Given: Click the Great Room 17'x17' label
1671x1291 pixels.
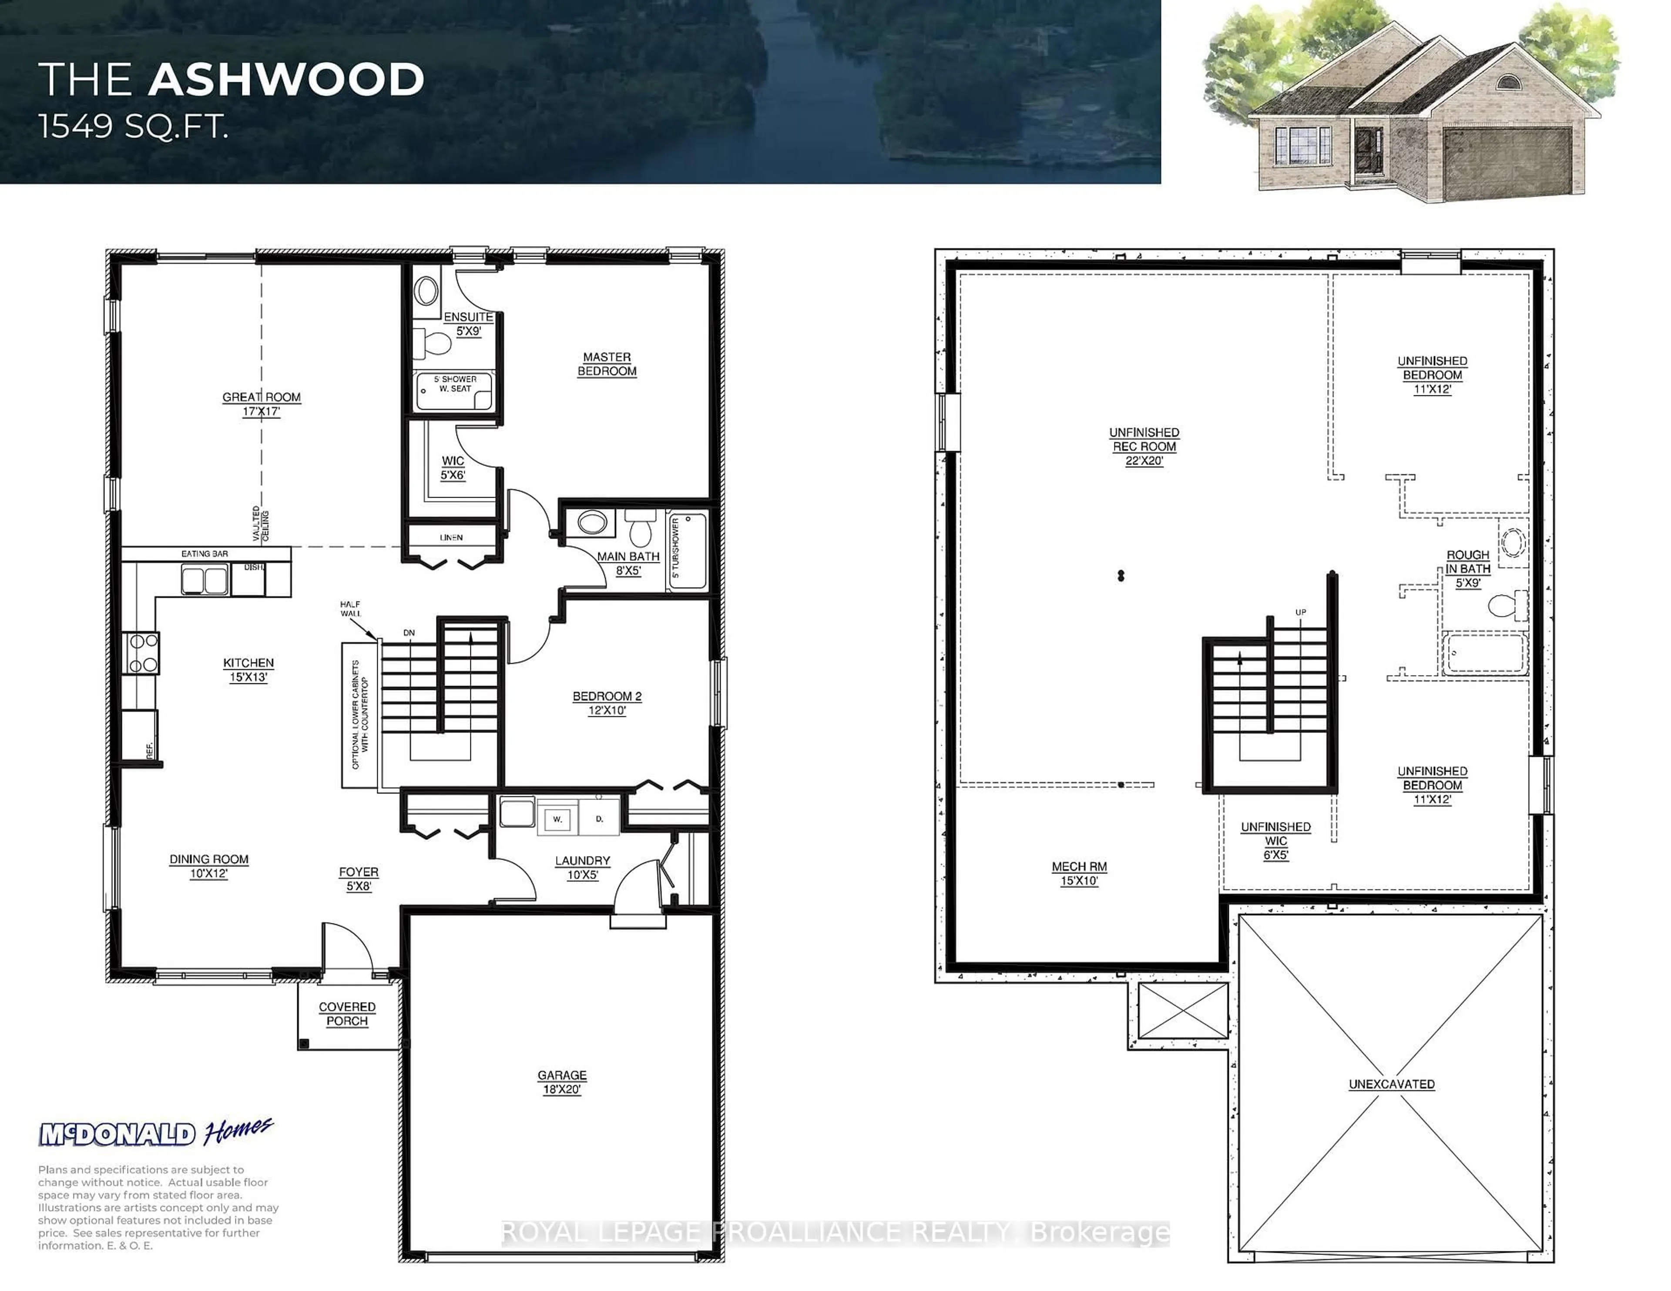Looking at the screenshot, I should pos(262,404).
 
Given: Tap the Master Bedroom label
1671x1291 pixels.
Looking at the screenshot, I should pos(607,364).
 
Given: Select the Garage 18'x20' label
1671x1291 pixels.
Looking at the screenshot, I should pos(562,1082).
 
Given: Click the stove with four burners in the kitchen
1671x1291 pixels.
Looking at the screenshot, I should pos(142,653).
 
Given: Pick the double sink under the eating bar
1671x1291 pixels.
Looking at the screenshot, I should pos(204,580).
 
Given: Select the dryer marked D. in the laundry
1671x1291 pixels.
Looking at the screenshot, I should pos(599,818).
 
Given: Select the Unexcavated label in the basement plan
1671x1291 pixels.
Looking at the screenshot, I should pos(1391,1084).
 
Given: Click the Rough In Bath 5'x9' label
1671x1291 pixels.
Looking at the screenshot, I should pos(1467,568).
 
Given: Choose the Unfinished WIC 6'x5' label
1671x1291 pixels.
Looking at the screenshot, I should pos(1275,840).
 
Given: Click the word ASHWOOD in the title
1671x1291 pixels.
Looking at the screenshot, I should pos(286,80).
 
